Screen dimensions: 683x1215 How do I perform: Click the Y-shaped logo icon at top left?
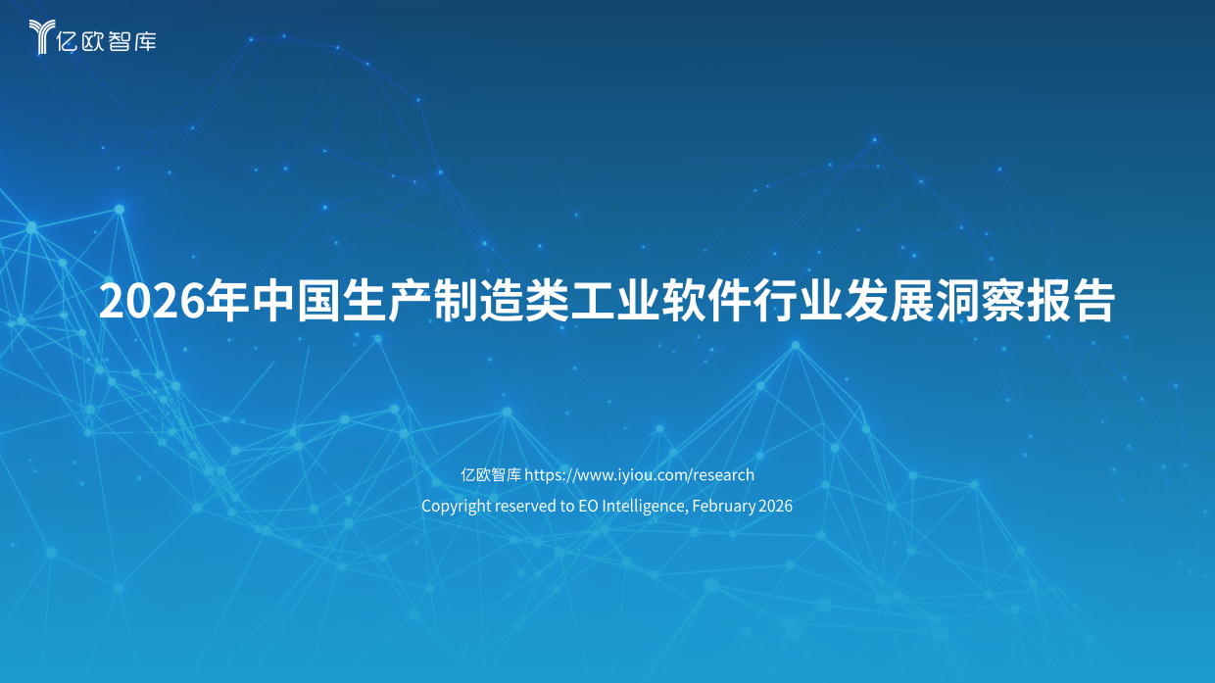pyautogui.click(x=40, y=36)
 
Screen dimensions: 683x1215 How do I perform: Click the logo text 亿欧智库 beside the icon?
pyautogui.click(x=107, y=39)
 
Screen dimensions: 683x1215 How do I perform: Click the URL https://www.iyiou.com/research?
pyautogui.click(x=640, y=475)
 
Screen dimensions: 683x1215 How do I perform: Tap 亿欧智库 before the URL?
pyautogui.click(x=490, y=475)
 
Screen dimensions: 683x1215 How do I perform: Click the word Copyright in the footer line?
pyautogui.click(x=456, y=507)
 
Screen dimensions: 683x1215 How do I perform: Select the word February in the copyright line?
pyautogui.click(x=724, y=507)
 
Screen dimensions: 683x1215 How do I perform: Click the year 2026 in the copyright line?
pyautogui.click(x=775, y=507)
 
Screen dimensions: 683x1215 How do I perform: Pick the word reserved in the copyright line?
pyautogui.click(x=525, y=507)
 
